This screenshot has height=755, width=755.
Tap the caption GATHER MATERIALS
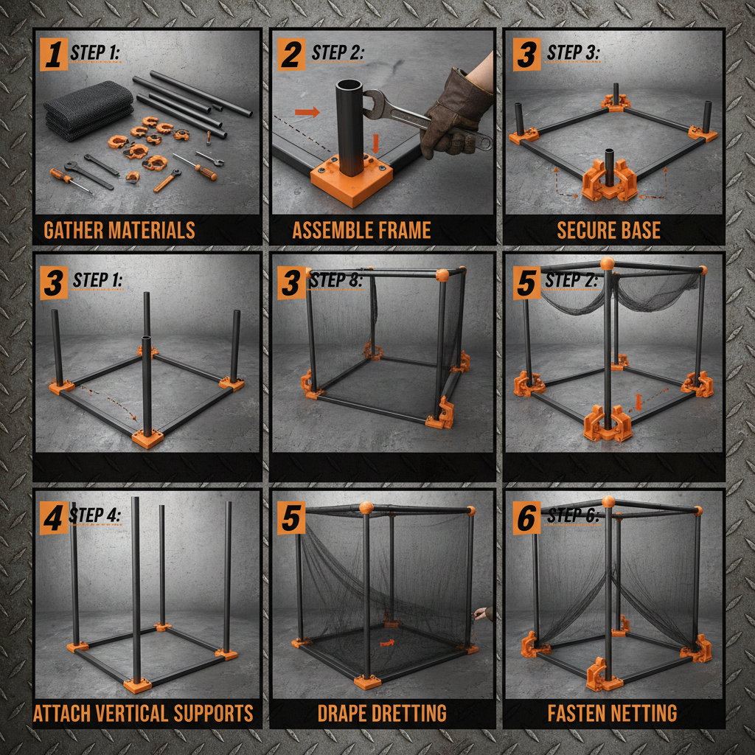click(119, 230)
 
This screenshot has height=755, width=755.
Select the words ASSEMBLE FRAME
click(361, 230)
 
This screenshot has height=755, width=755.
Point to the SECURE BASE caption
click(608, 230)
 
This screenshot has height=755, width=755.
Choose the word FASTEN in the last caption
click(576, 713)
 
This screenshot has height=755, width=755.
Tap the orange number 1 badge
click(53, 54)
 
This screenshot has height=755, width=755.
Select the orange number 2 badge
click(290, 54)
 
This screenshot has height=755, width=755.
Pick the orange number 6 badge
click(526, 518)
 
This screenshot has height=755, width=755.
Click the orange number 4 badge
click(53, 518)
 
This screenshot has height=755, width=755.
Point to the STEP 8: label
click(335, 279)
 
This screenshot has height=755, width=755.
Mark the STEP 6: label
click(573, 515)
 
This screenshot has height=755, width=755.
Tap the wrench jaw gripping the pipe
click(375, 102)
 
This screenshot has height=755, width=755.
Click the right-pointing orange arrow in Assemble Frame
click(307, 112)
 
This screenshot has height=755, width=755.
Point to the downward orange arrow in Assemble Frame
click(376, 144)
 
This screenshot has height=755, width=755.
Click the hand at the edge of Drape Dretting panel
click(481, 614)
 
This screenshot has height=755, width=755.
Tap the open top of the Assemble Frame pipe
click(349, 86)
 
